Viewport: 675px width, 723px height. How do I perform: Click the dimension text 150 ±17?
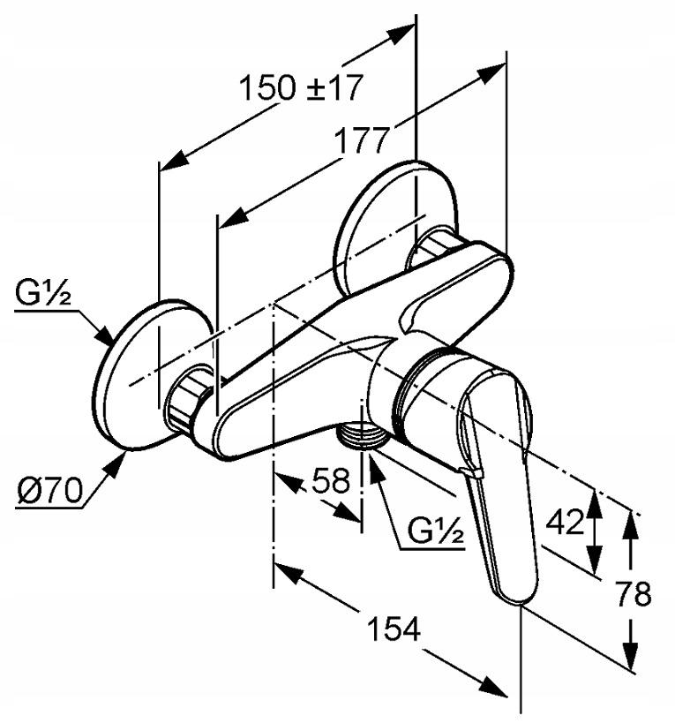[301, 87]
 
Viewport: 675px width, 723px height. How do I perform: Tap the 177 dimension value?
[362, 140]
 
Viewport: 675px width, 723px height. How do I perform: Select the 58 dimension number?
[331, 480]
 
